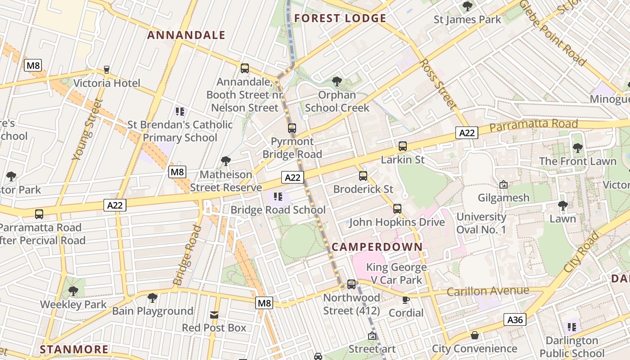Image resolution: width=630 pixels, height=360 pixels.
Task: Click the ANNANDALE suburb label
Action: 186,35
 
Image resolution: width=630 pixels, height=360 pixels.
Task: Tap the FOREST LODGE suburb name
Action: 340,18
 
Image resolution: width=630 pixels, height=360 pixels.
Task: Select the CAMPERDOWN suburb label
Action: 377,247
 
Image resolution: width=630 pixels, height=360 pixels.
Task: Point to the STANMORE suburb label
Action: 74,350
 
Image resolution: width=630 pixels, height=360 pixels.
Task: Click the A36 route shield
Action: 515,320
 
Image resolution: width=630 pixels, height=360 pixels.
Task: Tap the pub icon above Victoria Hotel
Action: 107,70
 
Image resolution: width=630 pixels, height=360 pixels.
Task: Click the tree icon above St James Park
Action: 468,6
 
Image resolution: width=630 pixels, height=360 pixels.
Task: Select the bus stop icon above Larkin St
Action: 402,146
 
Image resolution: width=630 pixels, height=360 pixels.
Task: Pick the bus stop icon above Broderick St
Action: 363,176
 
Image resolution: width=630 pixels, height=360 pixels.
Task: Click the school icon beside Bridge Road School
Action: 278,197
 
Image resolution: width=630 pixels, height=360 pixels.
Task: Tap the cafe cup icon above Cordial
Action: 405,300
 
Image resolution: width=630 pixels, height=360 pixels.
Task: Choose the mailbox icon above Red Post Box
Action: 214,315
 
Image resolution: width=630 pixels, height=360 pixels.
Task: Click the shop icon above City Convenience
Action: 475,335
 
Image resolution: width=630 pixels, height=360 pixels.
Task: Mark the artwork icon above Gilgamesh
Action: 504,184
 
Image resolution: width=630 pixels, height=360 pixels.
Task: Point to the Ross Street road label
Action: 438,84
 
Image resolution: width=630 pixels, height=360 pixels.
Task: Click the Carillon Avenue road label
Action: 488,291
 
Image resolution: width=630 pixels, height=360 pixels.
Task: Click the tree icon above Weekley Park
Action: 73,291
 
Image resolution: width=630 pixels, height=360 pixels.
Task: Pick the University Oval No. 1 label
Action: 481,223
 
